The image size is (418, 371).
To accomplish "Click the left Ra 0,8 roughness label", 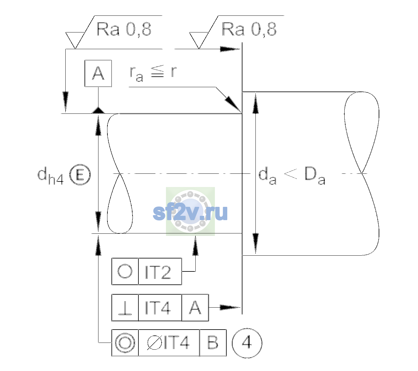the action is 124,29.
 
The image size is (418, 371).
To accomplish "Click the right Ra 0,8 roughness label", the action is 249,29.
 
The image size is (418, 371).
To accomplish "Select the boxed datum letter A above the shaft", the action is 98,74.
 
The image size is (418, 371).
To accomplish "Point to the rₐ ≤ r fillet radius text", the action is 153,74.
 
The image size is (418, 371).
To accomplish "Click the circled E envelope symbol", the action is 80,174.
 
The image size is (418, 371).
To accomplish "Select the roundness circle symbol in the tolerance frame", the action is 125,271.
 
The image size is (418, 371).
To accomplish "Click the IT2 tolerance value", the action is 158,272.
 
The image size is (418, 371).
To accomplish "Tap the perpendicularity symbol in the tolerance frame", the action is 125,308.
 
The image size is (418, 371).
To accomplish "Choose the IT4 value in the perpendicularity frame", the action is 158,308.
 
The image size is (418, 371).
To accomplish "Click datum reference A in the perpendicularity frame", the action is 195,308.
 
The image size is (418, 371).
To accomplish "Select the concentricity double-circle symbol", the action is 125,343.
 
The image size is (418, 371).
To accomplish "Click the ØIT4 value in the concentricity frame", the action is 168,343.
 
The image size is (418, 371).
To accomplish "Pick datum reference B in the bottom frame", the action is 213,343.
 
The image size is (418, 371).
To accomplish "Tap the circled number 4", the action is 247,343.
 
